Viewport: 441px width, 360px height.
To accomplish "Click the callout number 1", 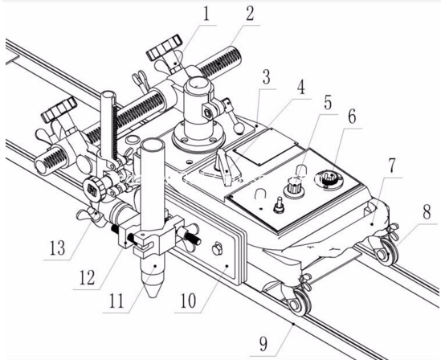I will [x=206, y=14].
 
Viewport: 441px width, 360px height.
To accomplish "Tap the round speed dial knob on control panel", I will [x=328, y=179].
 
